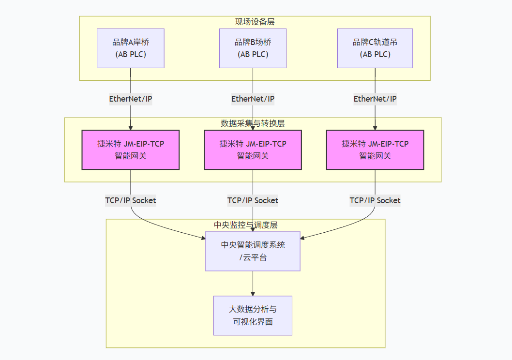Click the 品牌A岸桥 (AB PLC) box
tap(131, 48)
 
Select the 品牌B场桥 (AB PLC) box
tap(253, 48)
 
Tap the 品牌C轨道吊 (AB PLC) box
tap(375, 48)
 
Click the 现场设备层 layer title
tap(255, 22)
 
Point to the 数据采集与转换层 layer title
tap(253, 123)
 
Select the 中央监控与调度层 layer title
tap(245, 225)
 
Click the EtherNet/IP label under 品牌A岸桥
tap(131, 99)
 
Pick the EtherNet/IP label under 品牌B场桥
tap(253, 99)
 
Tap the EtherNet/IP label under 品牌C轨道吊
tap(375, 99)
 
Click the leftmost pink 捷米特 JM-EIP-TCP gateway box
tap(131, 150)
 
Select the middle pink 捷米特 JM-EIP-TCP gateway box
tap(253, 150)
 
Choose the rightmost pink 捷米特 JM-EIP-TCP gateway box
tap(375, 150)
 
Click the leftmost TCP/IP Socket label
tap(131, 200)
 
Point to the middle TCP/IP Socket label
tap(253, 200)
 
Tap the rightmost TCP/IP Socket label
tap(375, 200)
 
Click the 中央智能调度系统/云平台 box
tap(253, 251)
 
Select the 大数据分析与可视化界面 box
tap(253, 315)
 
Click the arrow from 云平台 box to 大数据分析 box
tap(253, 283)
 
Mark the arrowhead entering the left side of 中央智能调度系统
tap(203, 238)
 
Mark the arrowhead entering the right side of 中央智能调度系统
tap(303, 237)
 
